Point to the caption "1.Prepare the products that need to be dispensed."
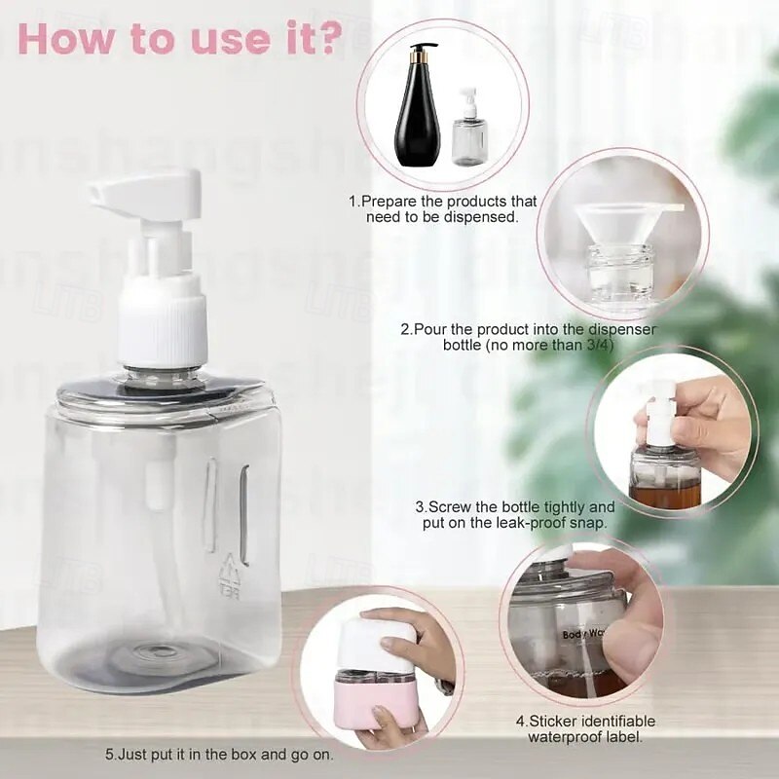point(443,208)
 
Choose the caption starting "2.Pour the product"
point(528,338)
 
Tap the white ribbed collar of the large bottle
point(163,332)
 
